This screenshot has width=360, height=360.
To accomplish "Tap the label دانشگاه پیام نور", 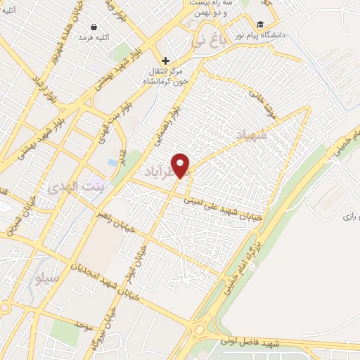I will point(286,34).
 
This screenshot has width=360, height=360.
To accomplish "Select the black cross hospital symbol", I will point(166,61).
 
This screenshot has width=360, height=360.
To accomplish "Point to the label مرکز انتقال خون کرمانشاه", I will point(166,76).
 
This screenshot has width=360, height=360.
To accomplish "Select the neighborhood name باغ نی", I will point(209,44).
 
